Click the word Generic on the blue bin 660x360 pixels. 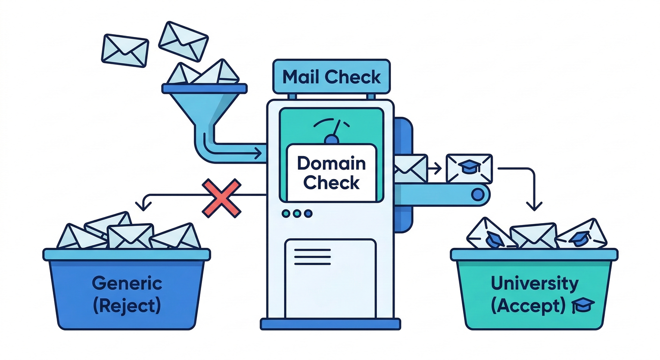point(127,283)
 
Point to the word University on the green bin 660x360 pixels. point(534,283)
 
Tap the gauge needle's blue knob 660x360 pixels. point(332,139)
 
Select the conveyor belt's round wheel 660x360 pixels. point(478,193)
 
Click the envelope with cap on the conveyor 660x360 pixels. point(469,168)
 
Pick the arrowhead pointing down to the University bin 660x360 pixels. point(534,206)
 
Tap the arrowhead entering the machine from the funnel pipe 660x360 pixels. point(257,152)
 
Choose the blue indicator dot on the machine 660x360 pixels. point(308,214)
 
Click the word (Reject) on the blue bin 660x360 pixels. point(127,306)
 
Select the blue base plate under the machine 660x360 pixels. point(330,323)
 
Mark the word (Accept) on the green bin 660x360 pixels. point(528,306)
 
